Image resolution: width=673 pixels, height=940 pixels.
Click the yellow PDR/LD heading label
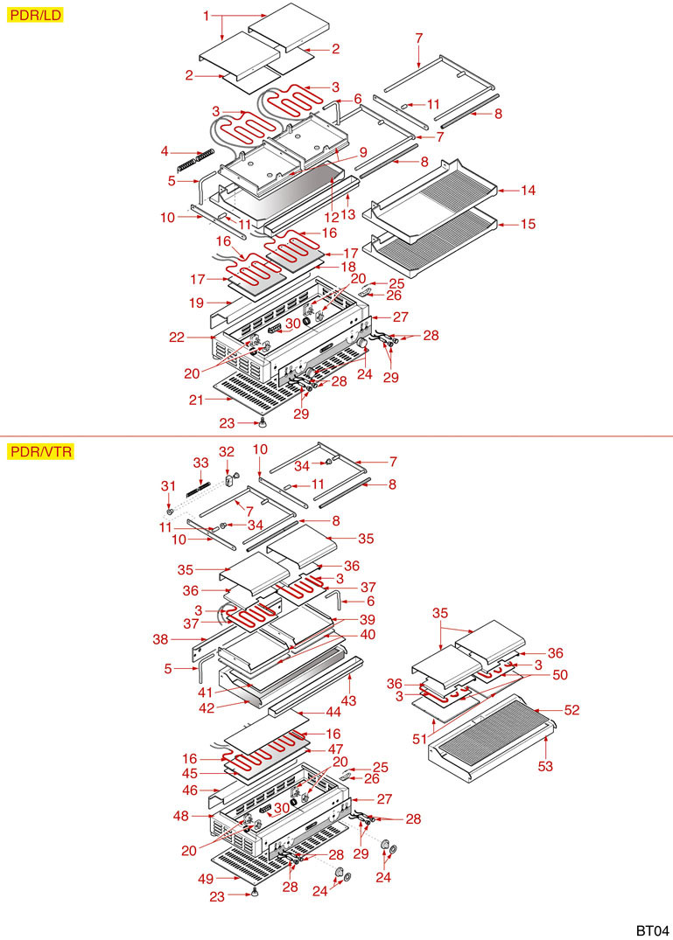pyautogui.click(x=35, y=15)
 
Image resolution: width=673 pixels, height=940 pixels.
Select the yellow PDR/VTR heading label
pyautogui.click(x=40, y=452)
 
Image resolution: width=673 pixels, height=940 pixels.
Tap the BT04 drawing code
pyautogui.click(x=652, y=929)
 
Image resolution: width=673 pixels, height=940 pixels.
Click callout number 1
pyautogui.click(x=207, y=16)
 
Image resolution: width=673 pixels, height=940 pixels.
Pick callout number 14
pyautogui.click(x=528, y=190)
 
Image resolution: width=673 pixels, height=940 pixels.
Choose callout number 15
pyautogui.click(x=528, y=224)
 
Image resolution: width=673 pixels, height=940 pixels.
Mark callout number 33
pyautogui.click(x=200, y=461)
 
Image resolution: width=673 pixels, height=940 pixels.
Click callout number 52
pyautogui.click(x=570, y=710)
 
